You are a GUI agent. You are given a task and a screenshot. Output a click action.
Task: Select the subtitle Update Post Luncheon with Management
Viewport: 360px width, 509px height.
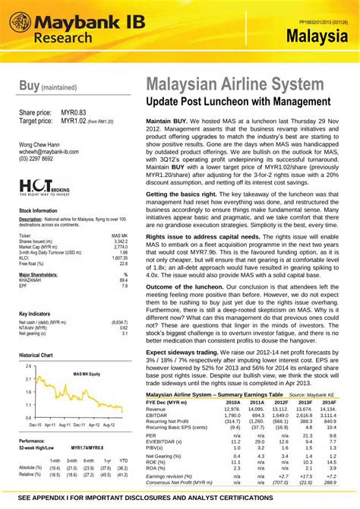238,101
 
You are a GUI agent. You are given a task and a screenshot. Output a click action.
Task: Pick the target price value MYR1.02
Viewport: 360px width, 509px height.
74,121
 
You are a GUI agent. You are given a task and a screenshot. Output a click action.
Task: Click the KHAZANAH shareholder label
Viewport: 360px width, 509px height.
35,259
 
